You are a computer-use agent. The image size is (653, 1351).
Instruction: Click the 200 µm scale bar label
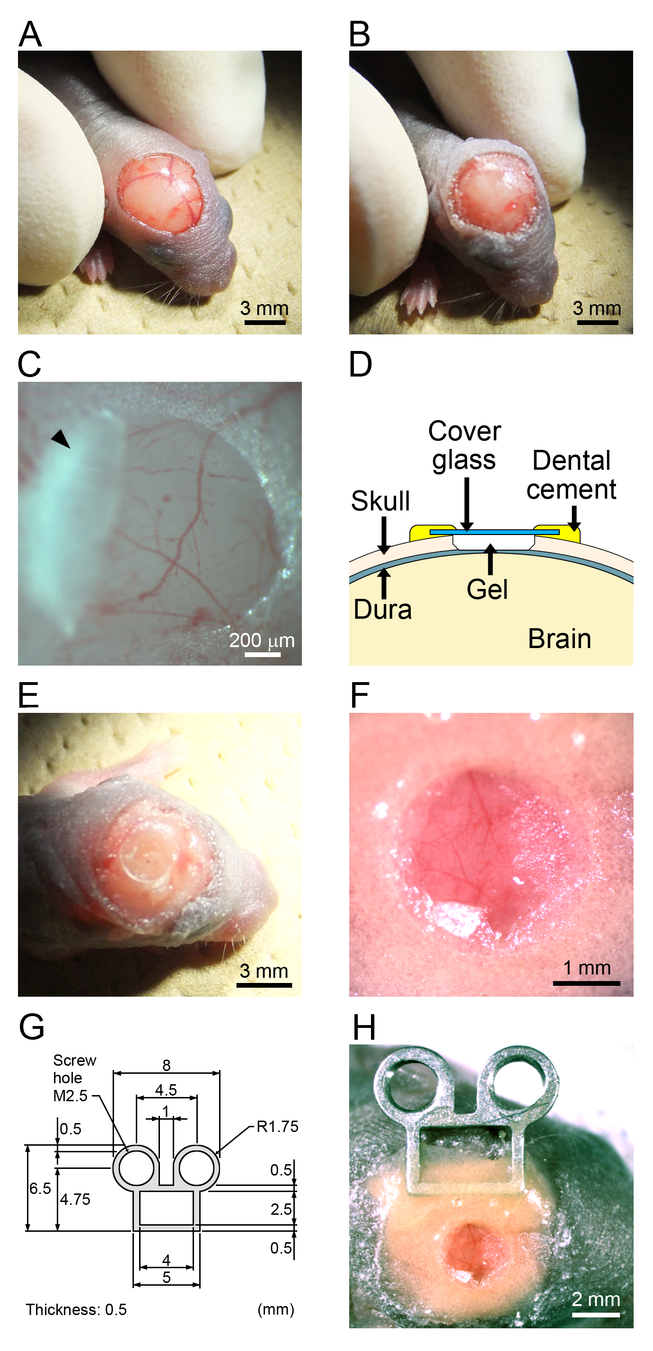[262, 640]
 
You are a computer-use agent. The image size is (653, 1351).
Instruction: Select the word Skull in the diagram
[380, 501]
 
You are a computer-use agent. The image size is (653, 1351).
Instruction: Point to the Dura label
[382, 609]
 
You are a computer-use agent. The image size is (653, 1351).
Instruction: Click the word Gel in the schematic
[487, 589]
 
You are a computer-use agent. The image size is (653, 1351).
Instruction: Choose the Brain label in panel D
[559, 639]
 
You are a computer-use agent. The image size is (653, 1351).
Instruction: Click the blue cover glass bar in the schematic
[494, 532]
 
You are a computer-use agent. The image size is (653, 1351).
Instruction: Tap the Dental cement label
[571, 474]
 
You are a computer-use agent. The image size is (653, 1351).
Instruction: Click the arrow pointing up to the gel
[490, 560]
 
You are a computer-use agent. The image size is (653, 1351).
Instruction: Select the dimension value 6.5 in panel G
[40, 1188]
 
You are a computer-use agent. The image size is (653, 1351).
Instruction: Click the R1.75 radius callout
[277, 1126]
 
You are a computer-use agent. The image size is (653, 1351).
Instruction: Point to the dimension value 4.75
[75, 1199]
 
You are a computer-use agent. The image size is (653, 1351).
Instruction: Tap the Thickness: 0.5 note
[77, 1309]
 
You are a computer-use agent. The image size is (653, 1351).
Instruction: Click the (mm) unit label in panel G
[276, 1309]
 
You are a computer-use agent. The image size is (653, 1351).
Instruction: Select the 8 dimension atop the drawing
[166, 1065]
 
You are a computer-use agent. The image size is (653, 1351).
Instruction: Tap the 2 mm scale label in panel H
[596, 1299]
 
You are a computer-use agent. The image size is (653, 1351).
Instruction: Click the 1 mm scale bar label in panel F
[587, 968]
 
